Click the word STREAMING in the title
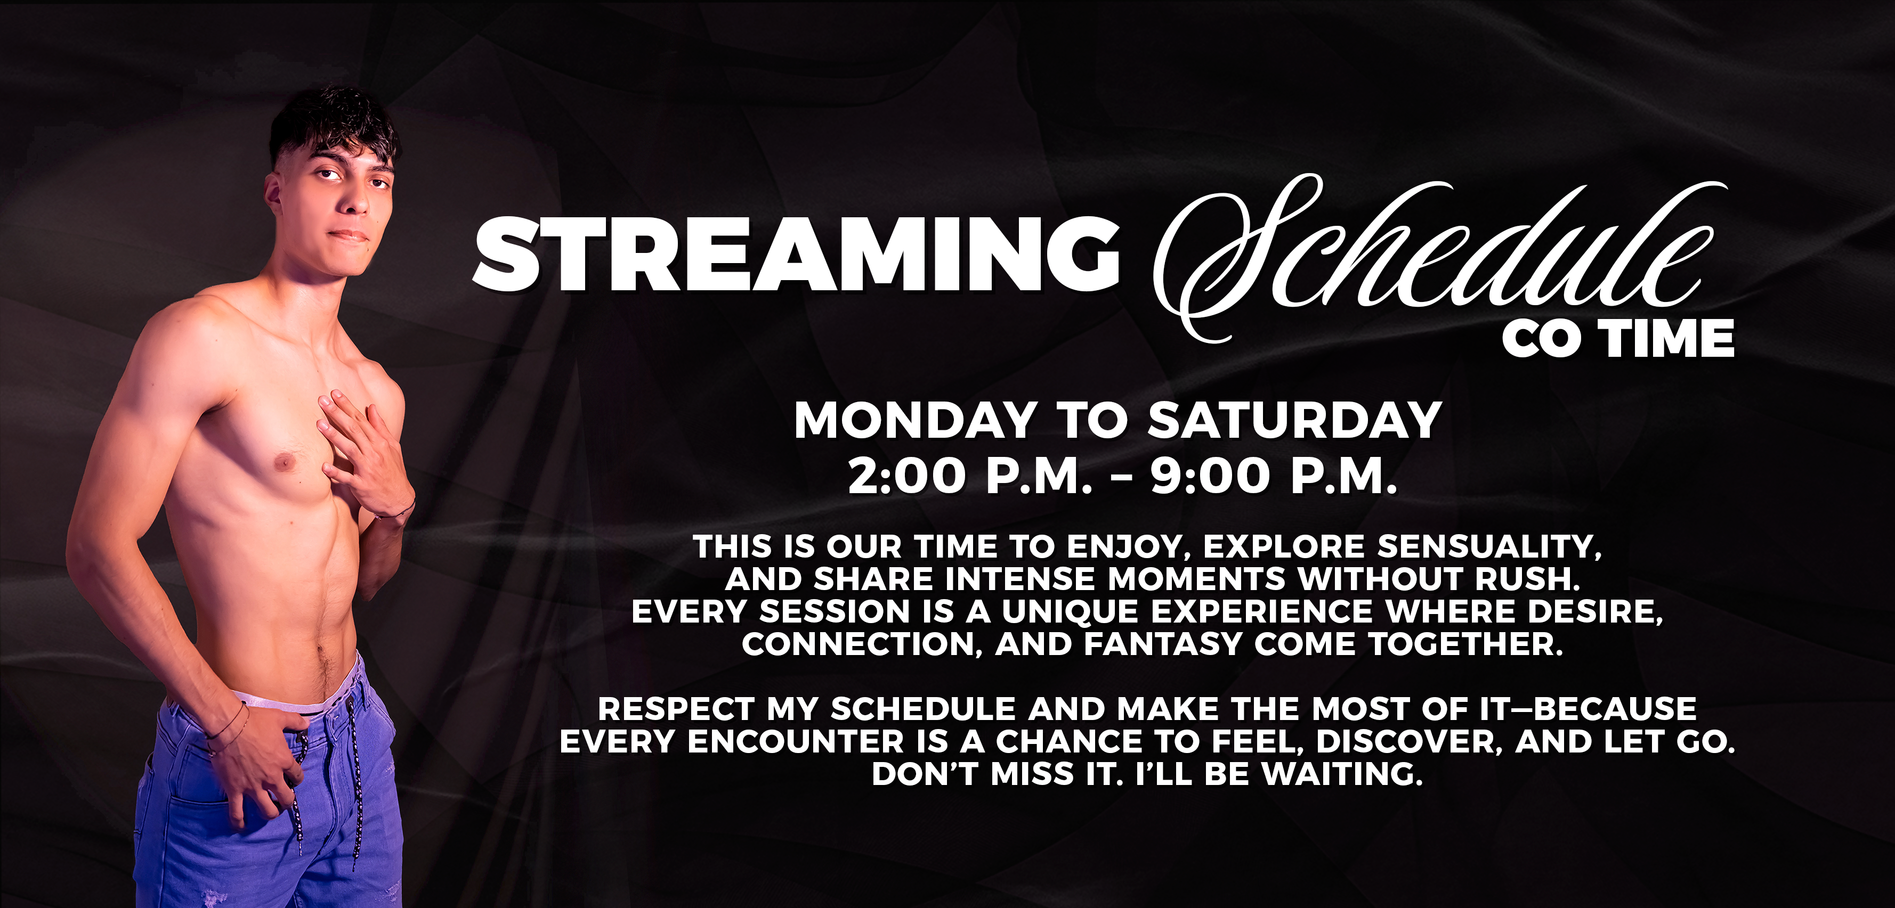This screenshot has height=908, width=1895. [796, 253]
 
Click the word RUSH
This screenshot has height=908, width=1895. [1527, 579]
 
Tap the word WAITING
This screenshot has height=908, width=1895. [1342, 774]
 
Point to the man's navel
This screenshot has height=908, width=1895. [321, 651]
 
